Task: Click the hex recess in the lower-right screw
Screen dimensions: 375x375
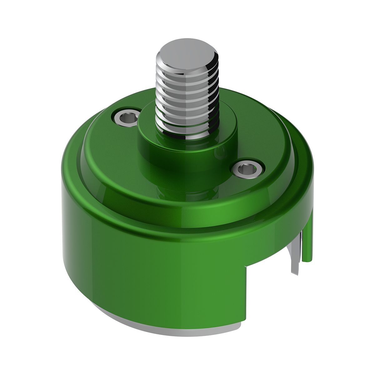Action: [x=247, y=170]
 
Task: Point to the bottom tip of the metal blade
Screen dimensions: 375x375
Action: [x=294, y=273]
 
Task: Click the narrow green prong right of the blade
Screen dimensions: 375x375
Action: [x=308, y=244]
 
